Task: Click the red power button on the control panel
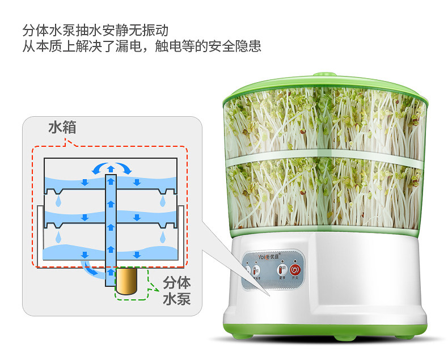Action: click(x=295, y=269)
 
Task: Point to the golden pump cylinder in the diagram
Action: click(x=131, y=281)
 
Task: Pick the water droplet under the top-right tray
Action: click(x=163, y=201)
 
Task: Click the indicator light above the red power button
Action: click(x=295, y=261)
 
